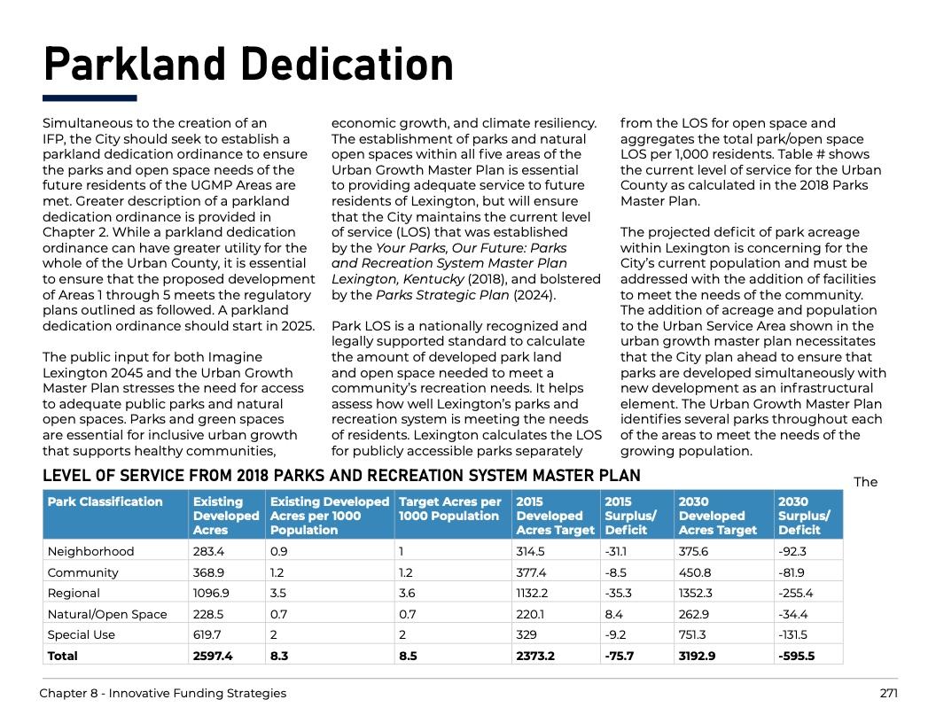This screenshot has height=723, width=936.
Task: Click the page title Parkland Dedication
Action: pos(248,65)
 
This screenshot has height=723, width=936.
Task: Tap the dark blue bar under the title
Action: pos(90,98)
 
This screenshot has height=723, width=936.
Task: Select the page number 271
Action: pos(888,693)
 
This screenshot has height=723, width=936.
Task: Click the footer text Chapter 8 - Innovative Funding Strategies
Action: pos(162,693)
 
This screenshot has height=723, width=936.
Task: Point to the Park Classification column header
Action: pos(105,502)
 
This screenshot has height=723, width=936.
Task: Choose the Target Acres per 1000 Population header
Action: pos(450,509)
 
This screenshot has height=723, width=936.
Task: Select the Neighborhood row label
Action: pos(90,551)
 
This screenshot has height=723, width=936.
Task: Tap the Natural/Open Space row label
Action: pos(107,614)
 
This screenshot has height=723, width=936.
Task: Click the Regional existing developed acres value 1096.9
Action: pos(210,593)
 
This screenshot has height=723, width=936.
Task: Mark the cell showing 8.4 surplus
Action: pos(614,614)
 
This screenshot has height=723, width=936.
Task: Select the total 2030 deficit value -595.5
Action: pos(796,656)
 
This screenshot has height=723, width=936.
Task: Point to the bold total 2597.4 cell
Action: pos(213,656)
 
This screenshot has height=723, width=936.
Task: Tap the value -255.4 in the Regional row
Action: pos(795,593)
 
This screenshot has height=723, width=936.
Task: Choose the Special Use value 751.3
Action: pos(692,634)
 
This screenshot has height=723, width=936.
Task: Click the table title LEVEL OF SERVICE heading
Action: pos(341,476)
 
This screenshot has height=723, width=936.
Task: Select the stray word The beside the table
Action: pos(865,482)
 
